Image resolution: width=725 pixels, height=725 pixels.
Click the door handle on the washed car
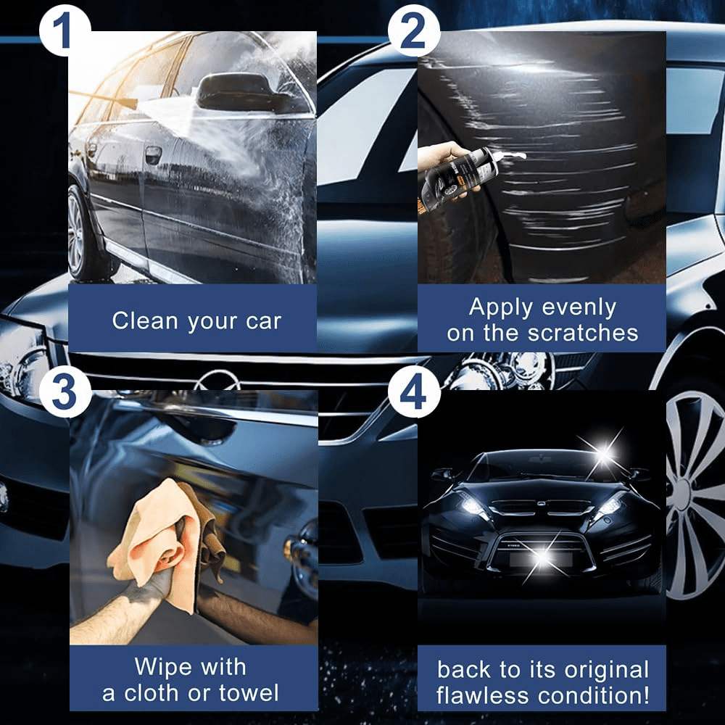pyautogui.click(x=153, y=154)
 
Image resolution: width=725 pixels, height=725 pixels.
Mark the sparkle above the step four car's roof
pyautogui.click(x=604, y=453)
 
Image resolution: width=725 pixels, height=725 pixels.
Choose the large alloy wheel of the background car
pyautogui.click(x=695, y=493)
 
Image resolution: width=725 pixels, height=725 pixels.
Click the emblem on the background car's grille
pyautogui.click(x=215, y=378)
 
